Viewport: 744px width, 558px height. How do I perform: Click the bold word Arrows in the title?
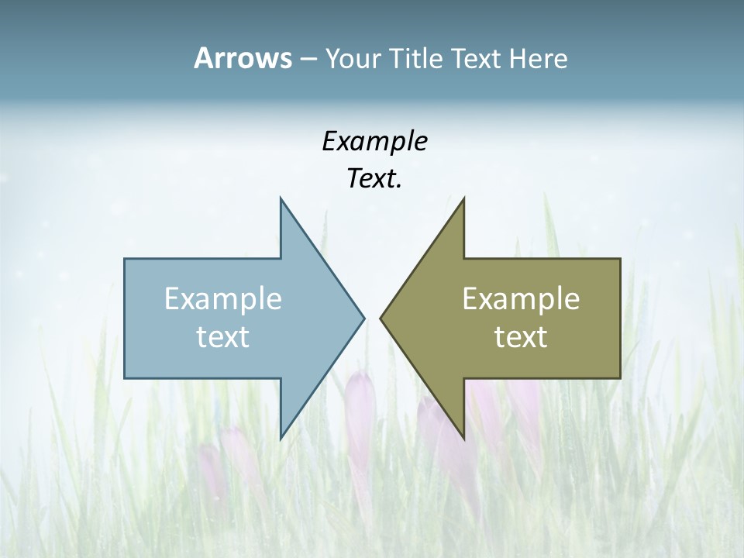242,58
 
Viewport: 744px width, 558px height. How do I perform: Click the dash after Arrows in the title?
308,59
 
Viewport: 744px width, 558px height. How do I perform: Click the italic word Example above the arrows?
374,142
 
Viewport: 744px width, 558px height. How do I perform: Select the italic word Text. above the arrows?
374,179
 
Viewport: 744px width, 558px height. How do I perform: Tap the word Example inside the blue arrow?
223,298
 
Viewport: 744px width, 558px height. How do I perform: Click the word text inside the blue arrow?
223,336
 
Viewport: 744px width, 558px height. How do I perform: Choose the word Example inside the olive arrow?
521,298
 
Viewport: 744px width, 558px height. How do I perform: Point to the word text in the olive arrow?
521,336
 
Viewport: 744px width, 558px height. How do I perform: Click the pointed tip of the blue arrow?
364,318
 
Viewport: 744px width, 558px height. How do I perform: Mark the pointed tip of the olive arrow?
380,318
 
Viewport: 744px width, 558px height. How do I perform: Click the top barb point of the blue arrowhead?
281,198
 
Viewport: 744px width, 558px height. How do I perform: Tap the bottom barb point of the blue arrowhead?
281,438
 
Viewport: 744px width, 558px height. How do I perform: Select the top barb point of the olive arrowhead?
463,198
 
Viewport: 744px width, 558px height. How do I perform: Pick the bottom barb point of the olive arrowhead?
463,438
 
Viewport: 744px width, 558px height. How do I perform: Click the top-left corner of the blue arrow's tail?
125,259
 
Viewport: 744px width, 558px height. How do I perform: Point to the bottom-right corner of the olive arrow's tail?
620,377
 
